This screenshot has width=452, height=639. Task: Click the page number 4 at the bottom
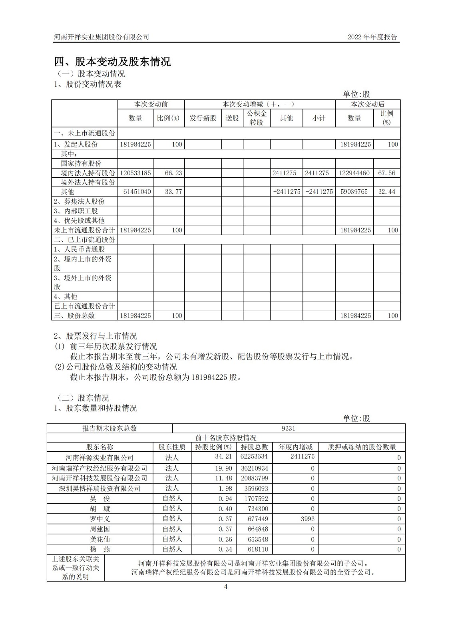(226, 587)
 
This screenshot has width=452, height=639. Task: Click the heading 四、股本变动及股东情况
(112, 62)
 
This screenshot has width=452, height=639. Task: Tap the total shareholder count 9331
(288, 428)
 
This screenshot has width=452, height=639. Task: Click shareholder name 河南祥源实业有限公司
(100, 458)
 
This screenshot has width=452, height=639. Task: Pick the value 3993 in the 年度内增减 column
(307, 519)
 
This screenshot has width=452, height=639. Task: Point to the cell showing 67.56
(386, 173)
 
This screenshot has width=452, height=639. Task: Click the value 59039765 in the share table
(354, 192)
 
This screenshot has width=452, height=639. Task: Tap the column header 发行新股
(203, 118)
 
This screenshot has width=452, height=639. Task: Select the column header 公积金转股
(257, 118)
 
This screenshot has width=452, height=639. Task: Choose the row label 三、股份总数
(74, 316)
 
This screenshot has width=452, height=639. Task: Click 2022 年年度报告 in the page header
(372, 37)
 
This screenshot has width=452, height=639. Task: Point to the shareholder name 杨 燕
(100, 550)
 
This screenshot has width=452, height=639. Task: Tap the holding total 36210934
(254, 468)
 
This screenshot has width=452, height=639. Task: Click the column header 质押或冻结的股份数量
(362, 447)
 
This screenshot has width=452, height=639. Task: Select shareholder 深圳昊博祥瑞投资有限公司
(100, 488)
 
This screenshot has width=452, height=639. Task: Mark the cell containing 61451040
(135, 192)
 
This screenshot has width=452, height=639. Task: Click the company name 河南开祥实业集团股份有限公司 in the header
(102, 37)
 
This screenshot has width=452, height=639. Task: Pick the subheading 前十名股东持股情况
(226, 438)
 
